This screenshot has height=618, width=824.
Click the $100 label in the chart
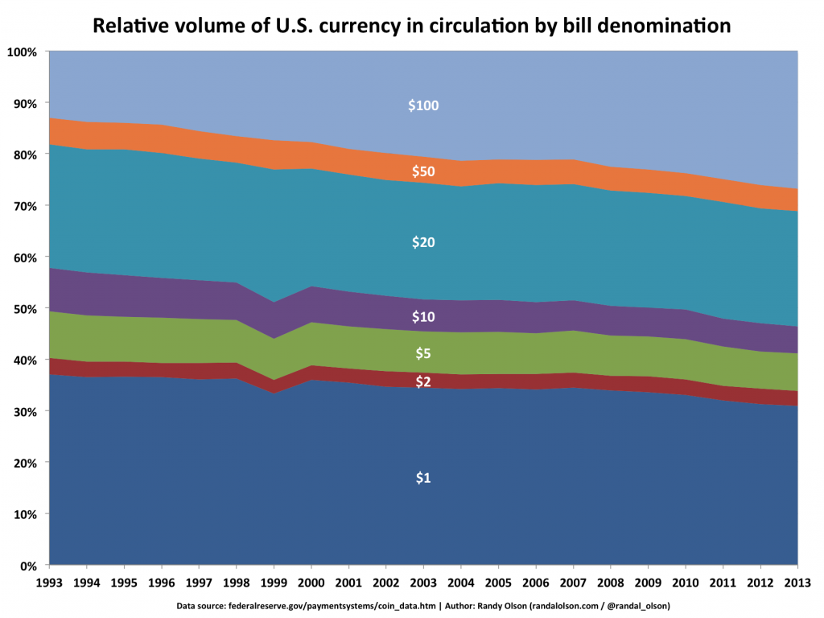(423, 105)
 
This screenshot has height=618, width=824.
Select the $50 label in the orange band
(423, 171)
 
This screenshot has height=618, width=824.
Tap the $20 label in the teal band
(423, 242)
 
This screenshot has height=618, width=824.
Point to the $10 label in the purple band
(423, 316)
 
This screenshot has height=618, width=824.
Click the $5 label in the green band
(423, 353)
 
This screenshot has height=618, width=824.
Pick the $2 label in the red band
(423, 382)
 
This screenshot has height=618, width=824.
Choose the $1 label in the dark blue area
(423, 478)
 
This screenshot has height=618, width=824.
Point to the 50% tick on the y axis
(25, 309)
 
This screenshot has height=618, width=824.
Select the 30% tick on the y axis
(25, 412)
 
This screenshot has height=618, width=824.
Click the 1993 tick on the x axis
(49, 583)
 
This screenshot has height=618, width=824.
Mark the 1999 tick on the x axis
(274, 583)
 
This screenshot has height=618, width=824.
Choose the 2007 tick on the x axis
(573, 583)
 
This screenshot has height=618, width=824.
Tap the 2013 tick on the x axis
(797, 583)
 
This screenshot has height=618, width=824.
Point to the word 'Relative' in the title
(130, 27)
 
